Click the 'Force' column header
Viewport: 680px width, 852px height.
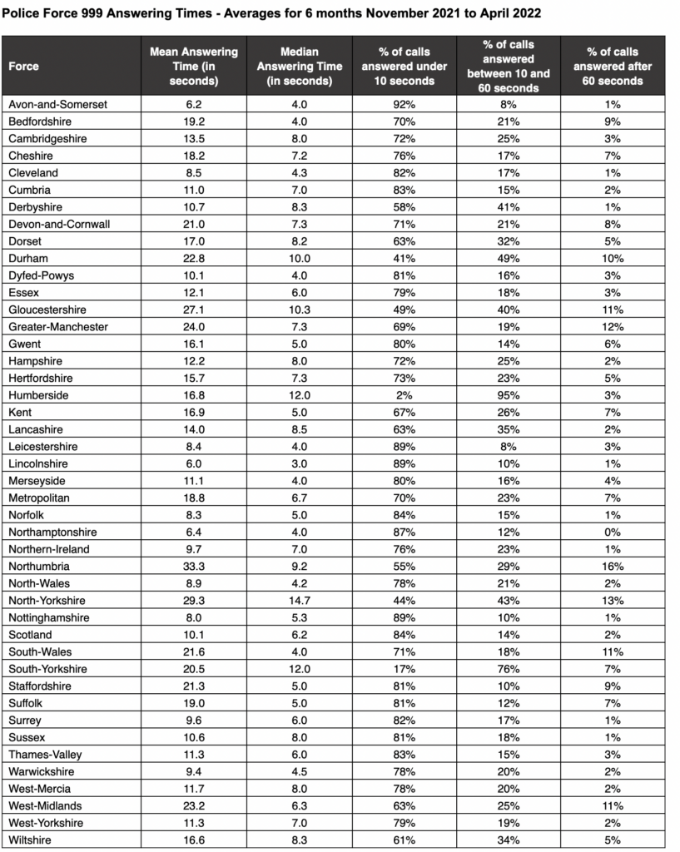(x=24, y=67)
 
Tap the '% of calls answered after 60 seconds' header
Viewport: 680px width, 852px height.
(x=613, y=67)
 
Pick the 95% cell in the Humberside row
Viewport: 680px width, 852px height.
(x=509, y=395)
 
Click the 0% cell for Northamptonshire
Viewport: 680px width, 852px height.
(x=613, y=532)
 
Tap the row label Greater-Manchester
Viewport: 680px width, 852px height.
(x=57, y=327)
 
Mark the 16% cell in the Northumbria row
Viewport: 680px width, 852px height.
(x=613, y=567)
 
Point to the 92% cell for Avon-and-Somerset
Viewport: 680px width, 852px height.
(x=405, y=104)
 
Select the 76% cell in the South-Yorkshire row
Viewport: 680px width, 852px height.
(x=509, y=669)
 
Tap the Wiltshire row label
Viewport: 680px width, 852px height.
(x=30, y=840)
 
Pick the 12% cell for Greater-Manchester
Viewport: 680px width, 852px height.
(x=613, y=327)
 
